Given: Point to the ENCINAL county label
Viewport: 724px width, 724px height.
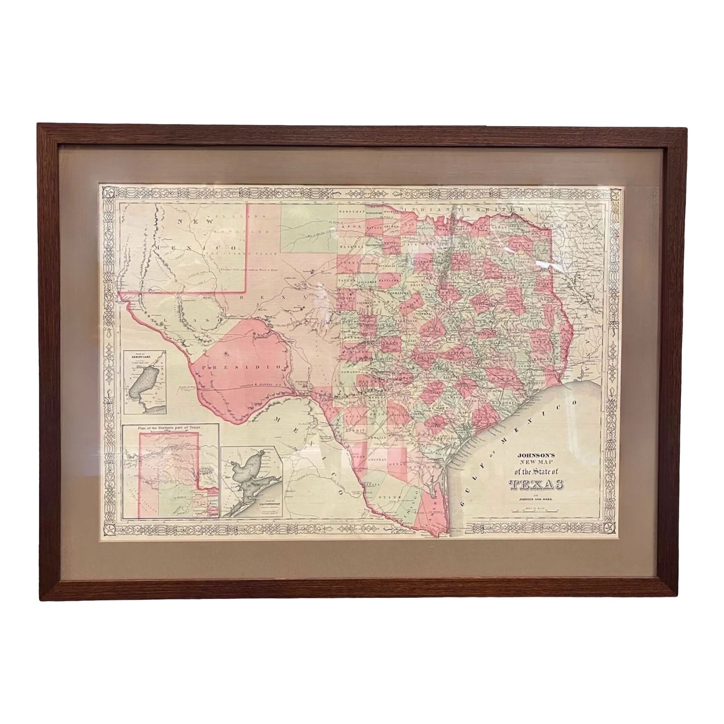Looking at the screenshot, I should click(378, 460).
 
